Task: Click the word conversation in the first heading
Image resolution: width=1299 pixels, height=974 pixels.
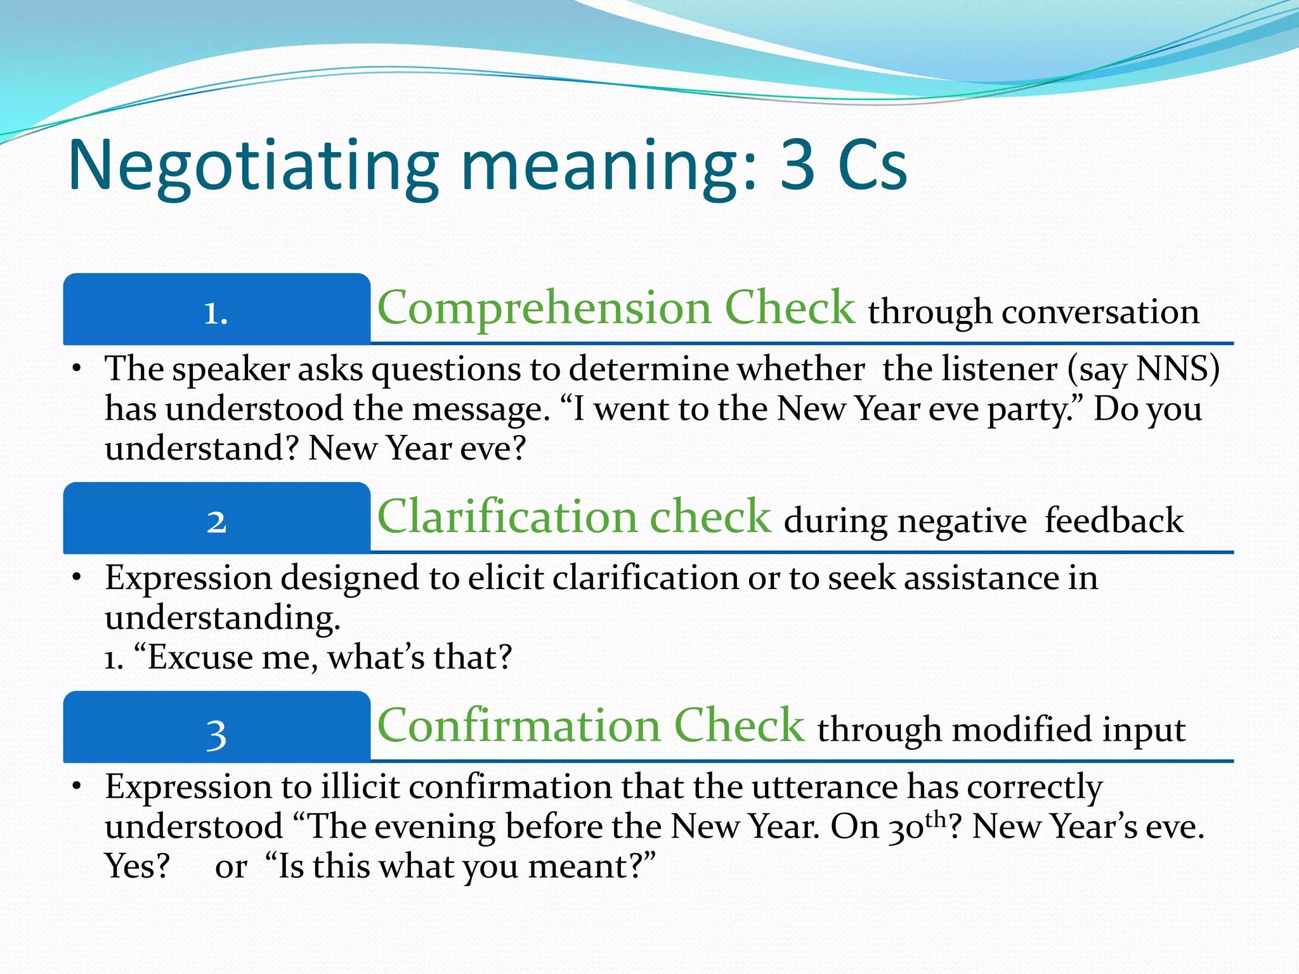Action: [1100, 313]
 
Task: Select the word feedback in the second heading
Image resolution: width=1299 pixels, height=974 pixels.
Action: [1114, 521]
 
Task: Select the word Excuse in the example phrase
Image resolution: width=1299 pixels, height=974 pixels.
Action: [200, 658]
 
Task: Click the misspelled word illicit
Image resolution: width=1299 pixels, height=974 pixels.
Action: [360, 787]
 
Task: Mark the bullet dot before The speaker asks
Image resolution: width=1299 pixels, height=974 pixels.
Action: [77, 368]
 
